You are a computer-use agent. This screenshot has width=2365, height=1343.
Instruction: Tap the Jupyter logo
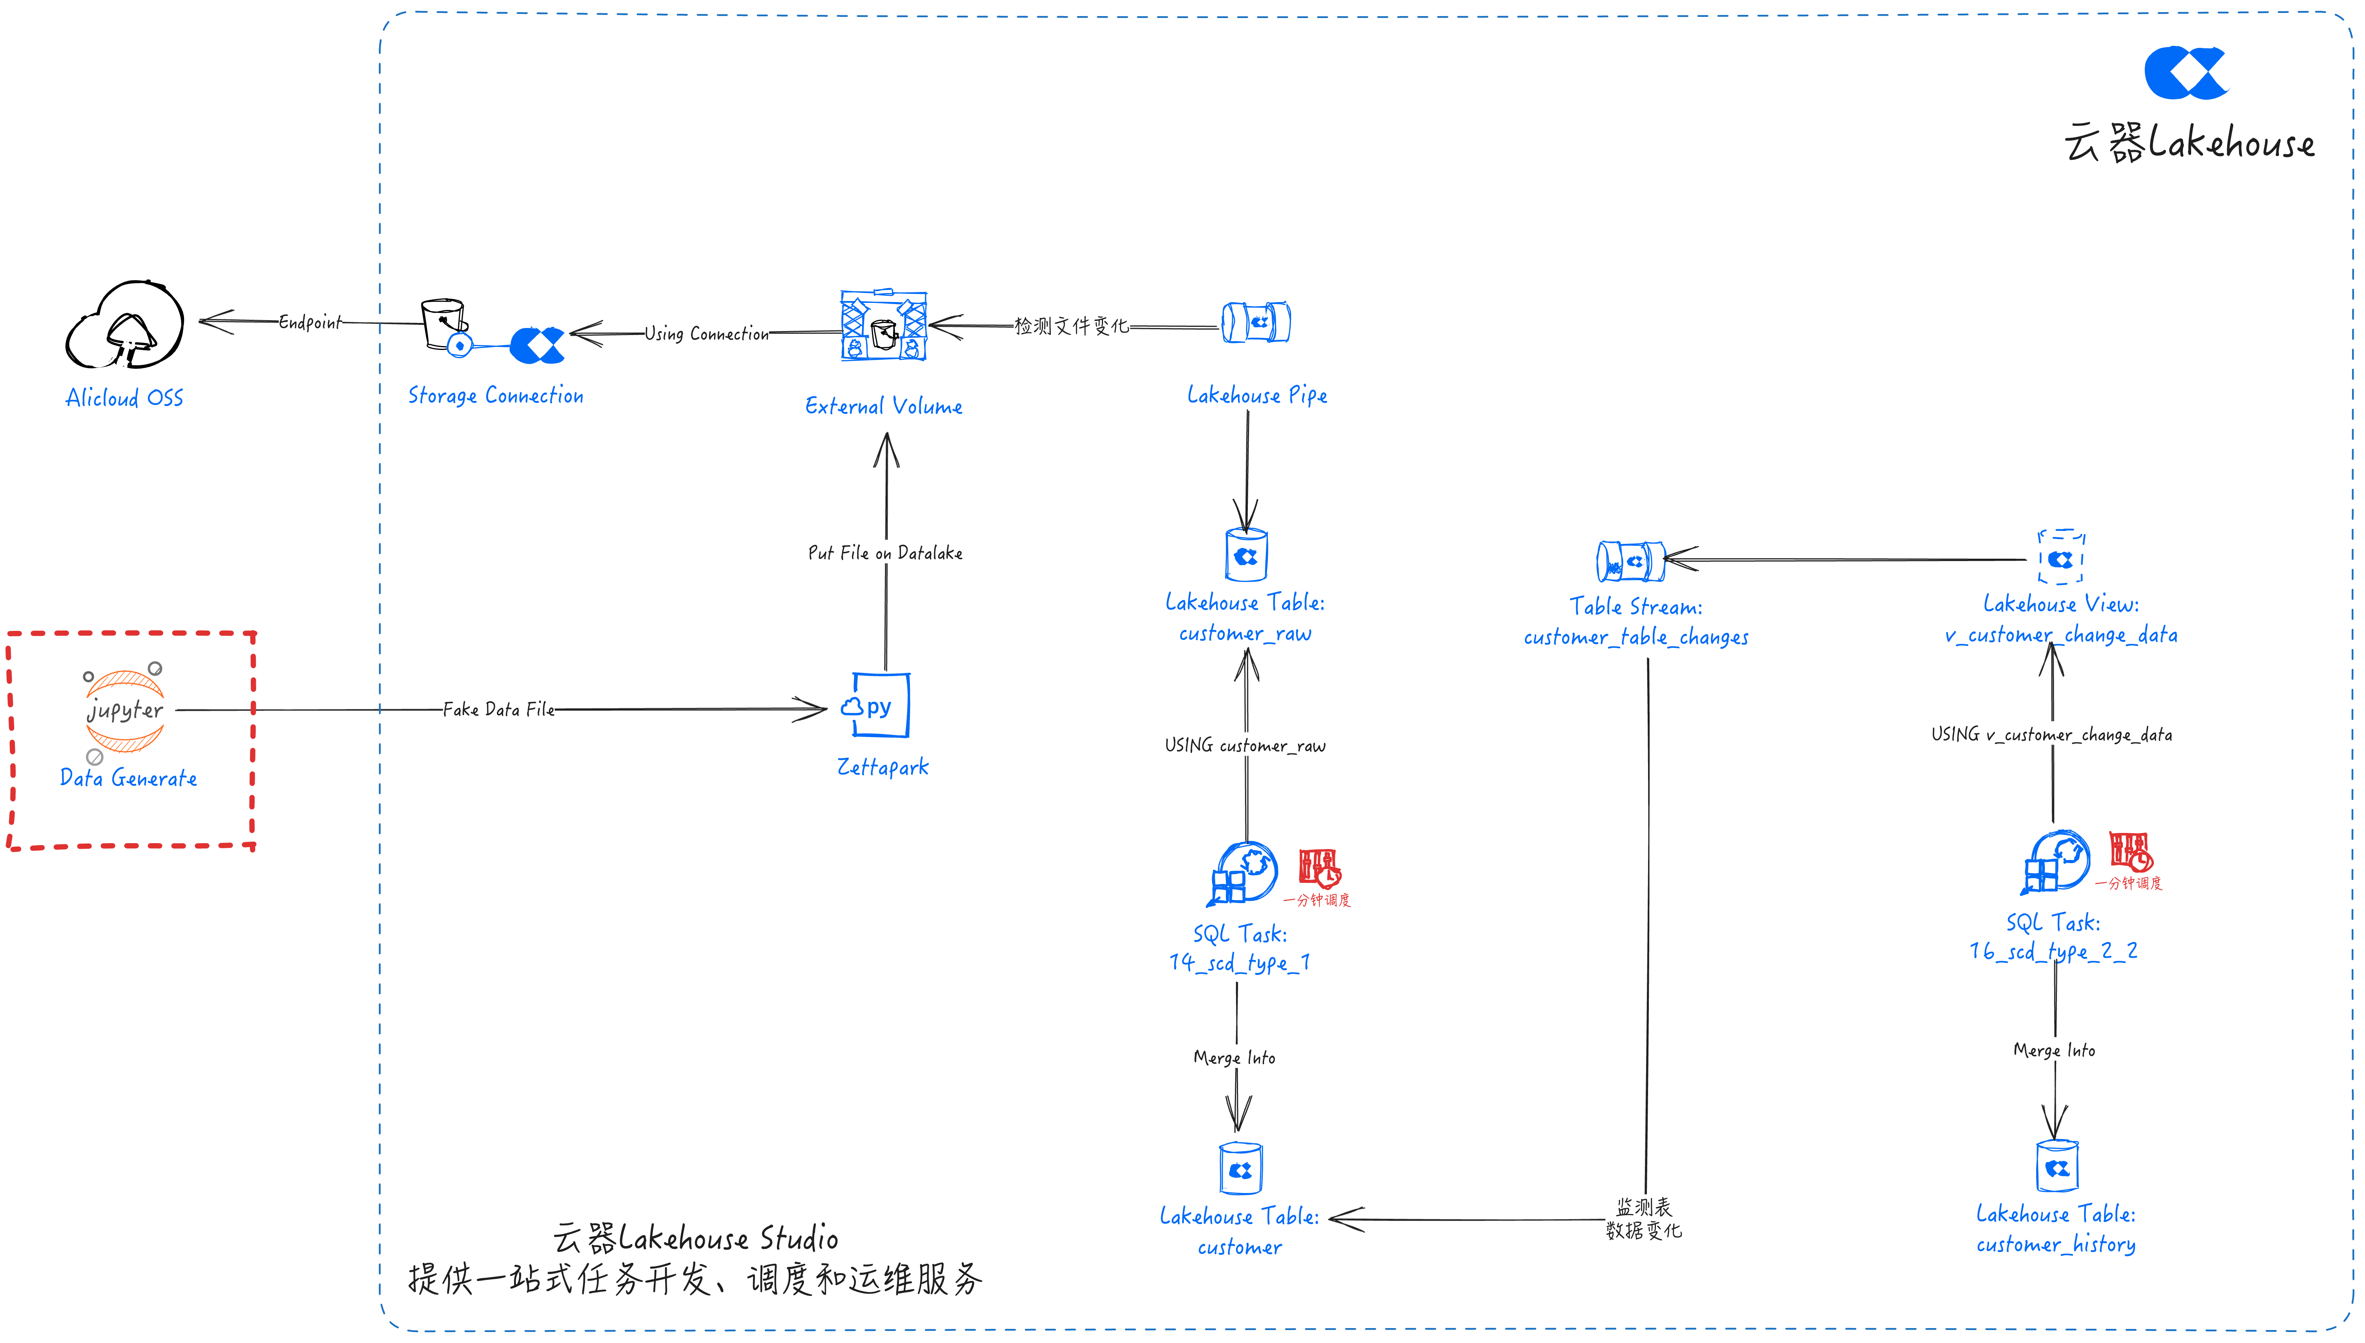[124, 710]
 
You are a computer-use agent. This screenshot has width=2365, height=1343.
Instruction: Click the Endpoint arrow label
[310, 322]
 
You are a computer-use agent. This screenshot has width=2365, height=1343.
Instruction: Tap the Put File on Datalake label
[886, 552]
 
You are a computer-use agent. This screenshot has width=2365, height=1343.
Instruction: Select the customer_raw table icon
[1246, 555]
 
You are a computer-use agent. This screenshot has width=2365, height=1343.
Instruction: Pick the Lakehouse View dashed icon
[2060, 557]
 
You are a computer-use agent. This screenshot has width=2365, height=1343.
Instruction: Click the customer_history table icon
[2057, 1167]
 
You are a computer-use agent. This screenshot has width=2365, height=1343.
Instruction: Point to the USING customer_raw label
[1245, 745]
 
